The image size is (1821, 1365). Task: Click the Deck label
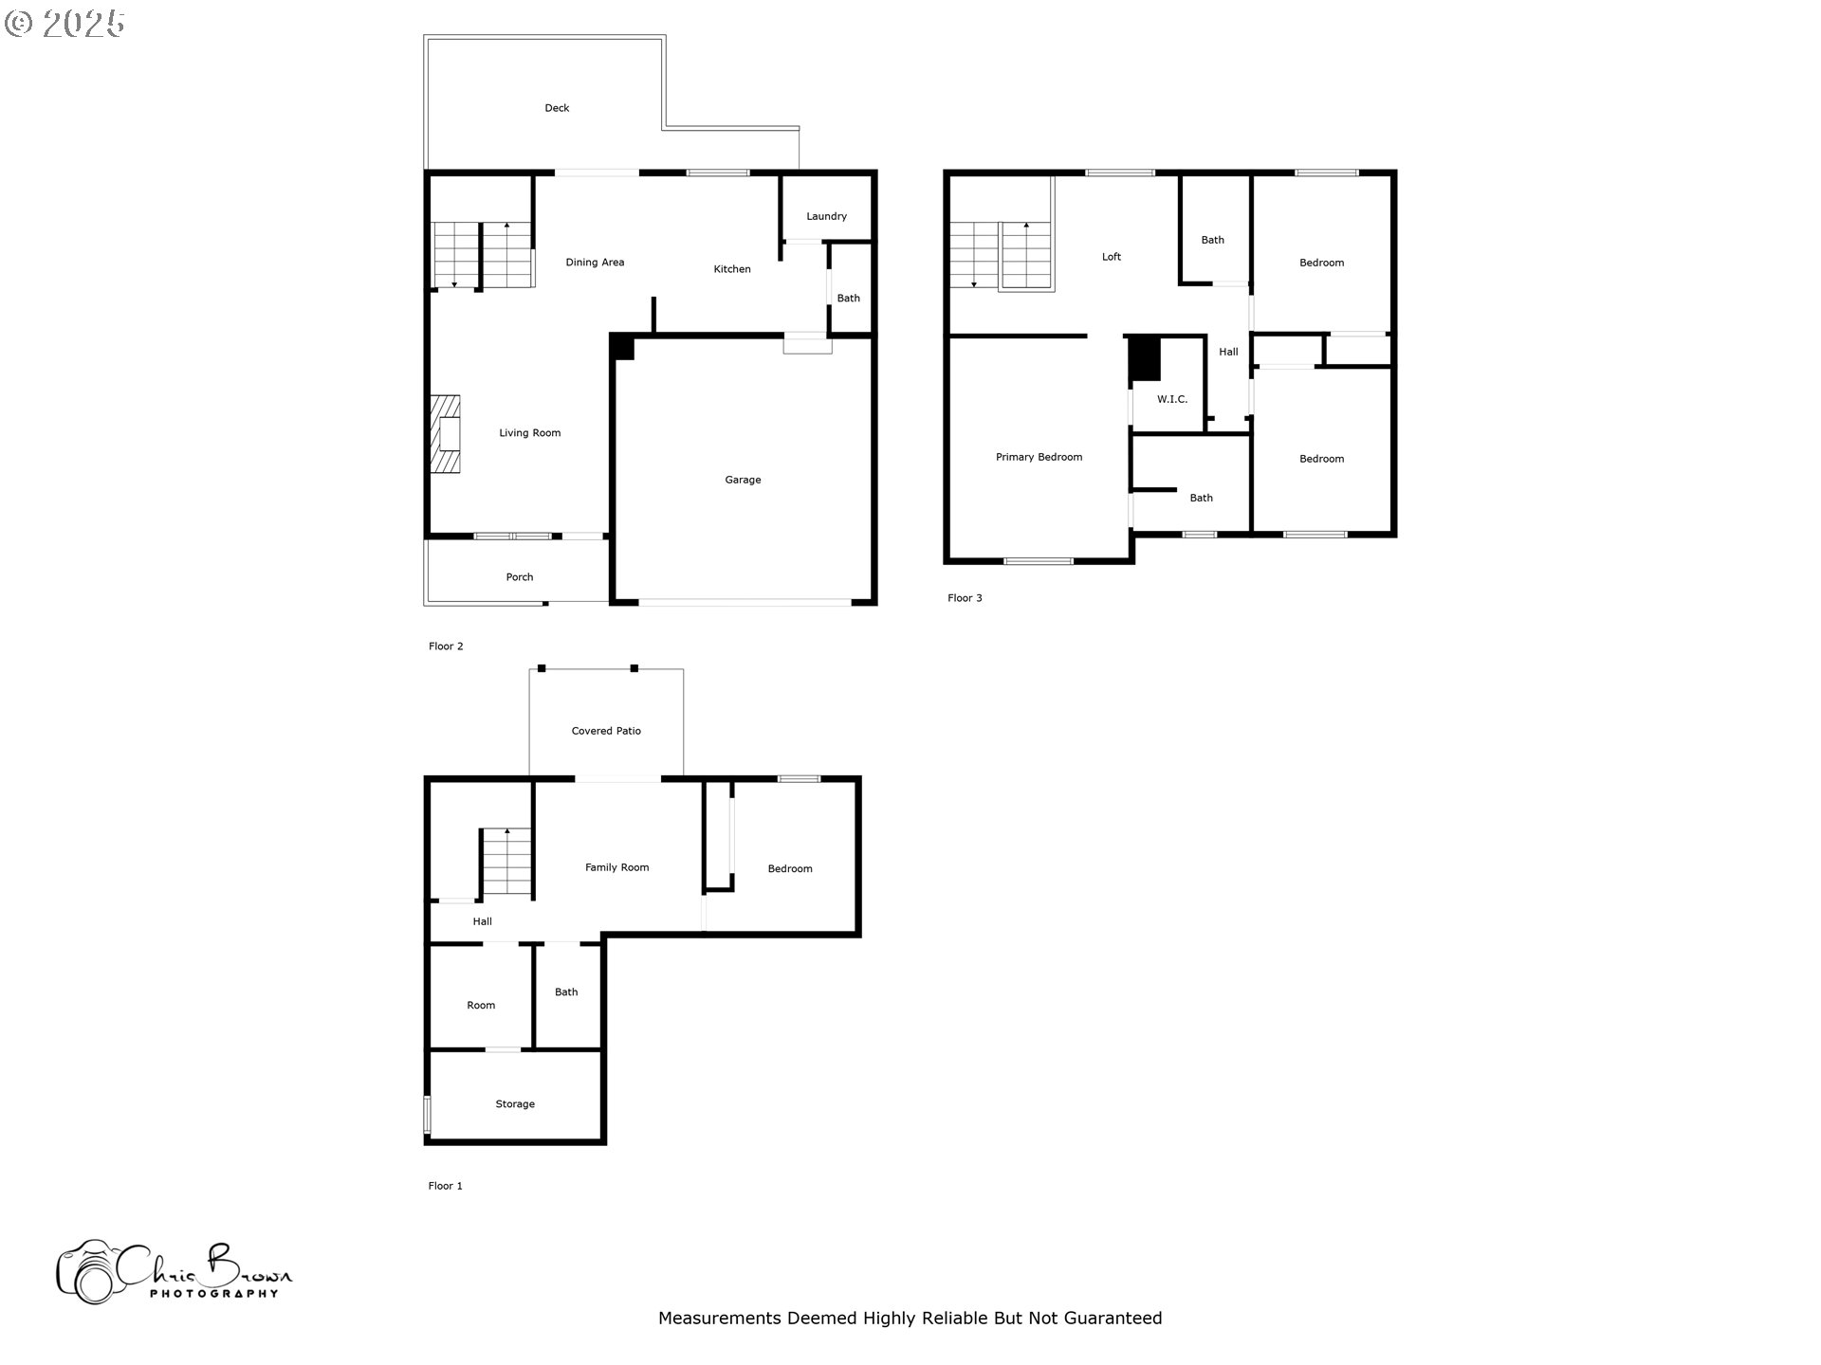tap(557, 108)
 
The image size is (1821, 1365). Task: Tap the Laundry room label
tap(826, 216)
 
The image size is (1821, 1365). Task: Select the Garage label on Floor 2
tap(743, 480)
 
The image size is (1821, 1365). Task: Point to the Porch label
tap(519, 577)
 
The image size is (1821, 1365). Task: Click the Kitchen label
tap(731, 269)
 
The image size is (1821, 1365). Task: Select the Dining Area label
tap(595, 263)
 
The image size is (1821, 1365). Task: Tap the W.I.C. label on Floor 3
tap(1171, 399)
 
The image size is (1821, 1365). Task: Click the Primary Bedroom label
tap(1039, 457)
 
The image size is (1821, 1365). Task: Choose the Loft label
tap(1111, 257)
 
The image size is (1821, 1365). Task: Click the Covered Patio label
tap(606, 731)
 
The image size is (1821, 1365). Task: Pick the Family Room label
tap(616, 867)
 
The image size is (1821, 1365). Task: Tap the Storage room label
tap(515, 1104)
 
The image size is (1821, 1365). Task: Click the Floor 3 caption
tap(965, 598)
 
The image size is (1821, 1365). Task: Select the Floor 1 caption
tap(445, 1186)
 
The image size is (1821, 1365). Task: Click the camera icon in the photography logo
tap(87, 1273)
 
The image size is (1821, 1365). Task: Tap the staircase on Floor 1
tap(506, 862)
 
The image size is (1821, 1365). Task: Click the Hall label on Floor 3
tap(1228, 352)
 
